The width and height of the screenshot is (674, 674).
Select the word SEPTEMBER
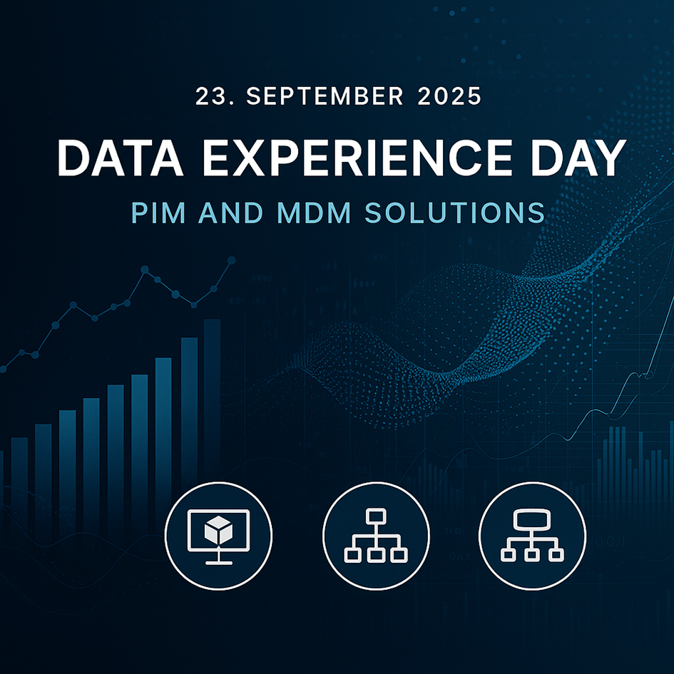coord(325,96)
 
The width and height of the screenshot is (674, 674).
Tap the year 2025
coord(449,96)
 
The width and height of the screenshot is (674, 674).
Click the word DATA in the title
coord(121,158)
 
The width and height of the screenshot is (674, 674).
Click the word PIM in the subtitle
coord(158,213)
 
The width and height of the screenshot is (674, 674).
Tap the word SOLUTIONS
coord(455,213)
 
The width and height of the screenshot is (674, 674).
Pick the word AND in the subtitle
coord(231,213)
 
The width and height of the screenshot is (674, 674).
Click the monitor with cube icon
coord(219,536)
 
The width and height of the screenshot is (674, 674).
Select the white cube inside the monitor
coord(218,529)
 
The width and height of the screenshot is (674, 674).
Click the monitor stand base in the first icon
coord(219,562)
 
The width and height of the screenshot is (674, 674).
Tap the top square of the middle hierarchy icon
coord(376,516)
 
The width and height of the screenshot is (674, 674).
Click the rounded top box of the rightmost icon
coord(532,519)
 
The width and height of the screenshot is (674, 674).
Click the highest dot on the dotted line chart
coord(231,260)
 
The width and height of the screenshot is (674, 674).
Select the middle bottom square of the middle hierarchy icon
coord(376,555)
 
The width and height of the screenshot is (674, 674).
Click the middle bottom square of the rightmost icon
coord(532,555)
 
